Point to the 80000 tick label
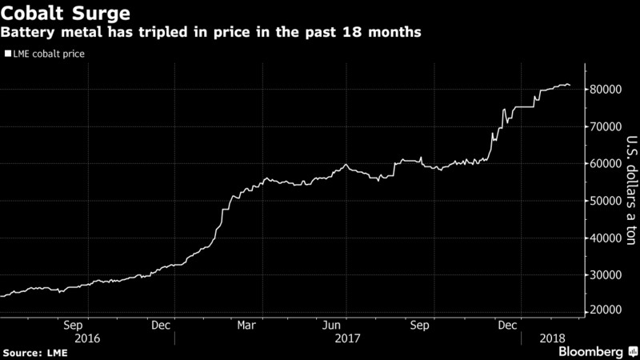[x=607, y=90]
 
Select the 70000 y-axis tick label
[x=607, y=126]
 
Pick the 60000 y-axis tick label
[x=607, y=164]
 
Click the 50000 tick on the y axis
[x=607, y=201]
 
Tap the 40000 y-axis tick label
[x=607, y=238]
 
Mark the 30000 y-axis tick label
[x=607, y=274]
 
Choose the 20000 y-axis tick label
[x=607, y=310]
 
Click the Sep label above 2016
[x=73, y=326]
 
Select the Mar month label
[x=247, y=326]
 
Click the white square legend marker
[x=8, y=54]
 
